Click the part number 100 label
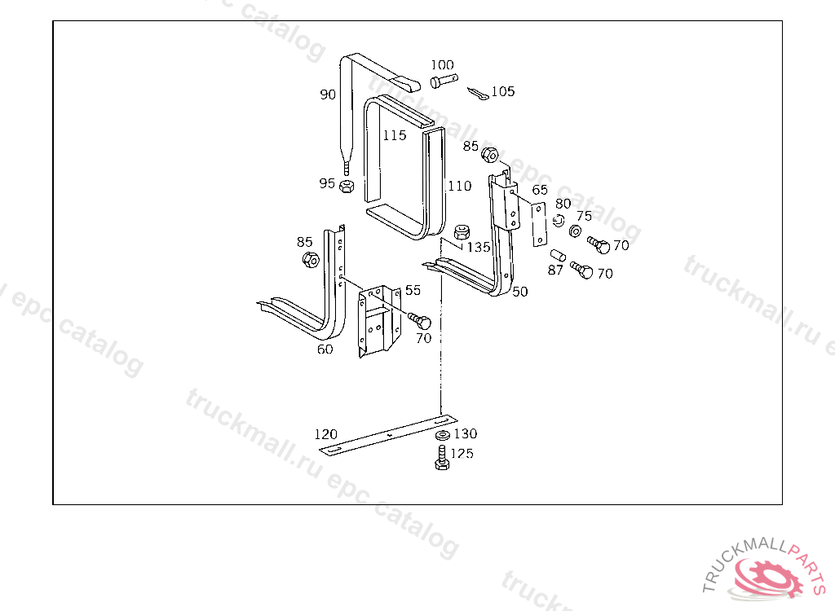click(442, 65)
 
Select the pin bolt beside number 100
click(444, 81)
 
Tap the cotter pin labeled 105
click(478, 95)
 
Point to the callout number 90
click(328, 95)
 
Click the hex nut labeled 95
click(347, 186)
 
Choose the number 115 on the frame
click(394, 136)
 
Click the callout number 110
click(460, 187)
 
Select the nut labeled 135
click(462, 232)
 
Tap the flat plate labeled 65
click(540, 224)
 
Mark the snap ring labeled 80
click(558, 220)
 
